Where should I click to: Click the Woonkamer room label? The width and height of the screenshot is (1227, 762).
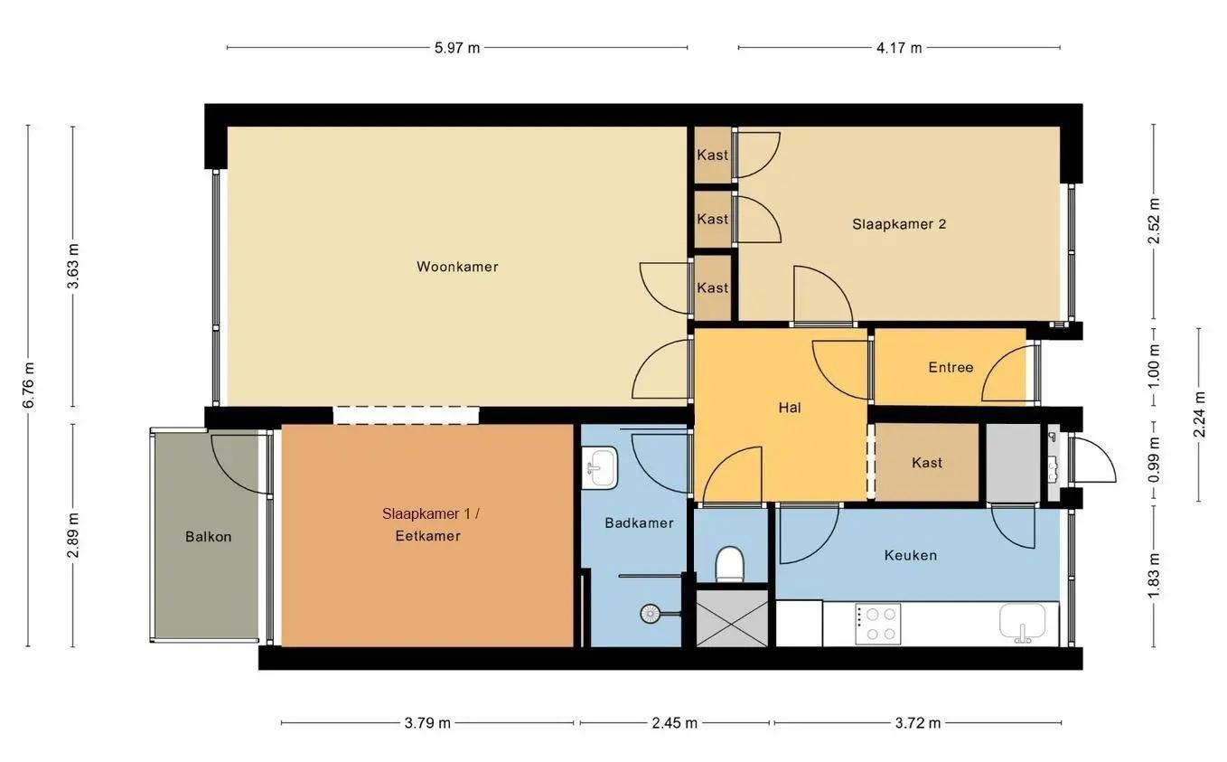(x=457, y=267)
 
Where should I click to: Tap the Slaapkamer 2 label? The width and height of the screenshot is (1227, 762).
(x=899, y=224)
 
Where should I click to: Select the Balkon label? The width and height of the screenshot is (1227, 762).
(x=208, y=537)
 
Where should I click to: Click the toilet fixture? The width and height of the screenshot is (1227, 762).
(x=730, y=564)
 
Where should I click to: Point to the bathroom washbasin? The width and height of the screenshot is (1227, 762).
(x=599, y=468)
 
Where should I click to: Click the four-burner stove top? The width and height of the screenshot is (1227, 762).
(x=878, y=624)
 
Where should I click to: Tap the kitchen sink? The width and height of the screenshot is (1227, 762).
(x=1023, y=623)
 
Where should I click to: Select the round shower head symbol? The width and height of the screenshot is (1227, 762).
(x=651, y=614)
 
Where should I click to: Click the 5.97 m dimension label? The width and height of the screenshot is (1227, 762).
(x=457, y=48)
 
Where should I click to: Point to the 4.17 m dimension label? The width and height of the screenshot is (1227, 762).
(x=899, y=48)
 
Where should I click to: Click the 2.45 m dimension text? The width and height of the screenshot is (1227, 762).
(x=674, y=724)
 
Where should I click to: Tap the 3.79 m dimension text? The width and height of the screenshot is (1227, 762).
(x=427, y=724)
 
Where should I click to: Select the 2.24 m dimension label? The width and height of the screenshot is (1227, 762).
(x=1200, y=414)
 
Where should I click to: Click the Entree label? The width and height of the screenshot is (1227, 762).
(x=951, y=367)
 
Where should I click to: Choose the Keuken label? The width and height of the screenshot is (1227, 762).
(x=911, y=556)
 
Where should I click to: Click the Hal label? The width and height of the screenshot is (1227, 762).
(x=790, y=408)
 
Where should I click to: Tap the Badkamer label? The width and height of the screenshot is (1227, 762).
(x=639, y=523)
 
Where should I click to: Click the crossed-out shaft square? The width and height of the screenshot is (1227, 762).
(x=732, y=618)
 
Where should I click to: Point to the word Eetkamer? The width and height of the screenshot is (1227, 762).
(x=427, y=536)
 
